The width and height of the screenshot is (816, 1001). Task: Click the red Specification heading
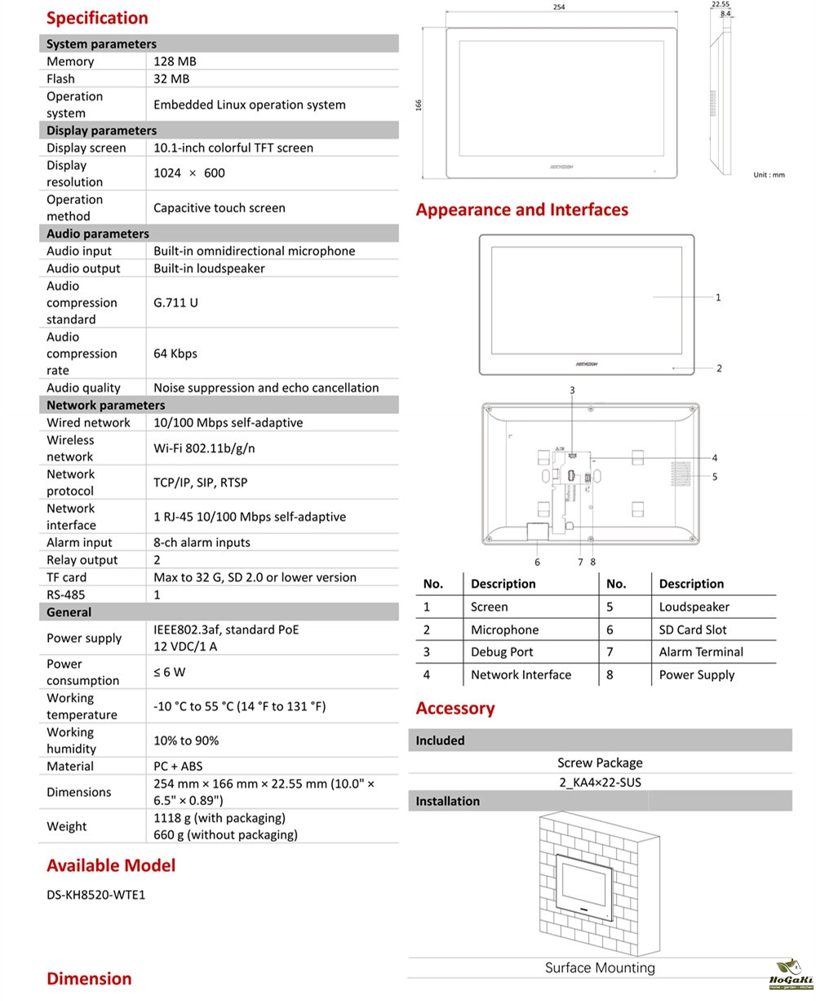tap(97, 18)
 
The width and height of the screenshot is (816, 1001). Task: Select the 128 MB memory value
tap(175, 61)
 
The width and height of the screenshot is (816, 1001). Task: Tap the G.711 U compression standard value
tap(175, 303)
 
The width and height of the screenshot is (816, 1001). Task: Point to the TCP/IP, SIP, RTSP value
tap(200, 483)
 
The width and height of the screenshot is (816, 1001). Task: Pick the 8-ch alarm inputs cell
tap(202, 542)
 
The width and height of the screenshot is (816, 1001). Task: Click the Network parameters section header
tap(105, 405)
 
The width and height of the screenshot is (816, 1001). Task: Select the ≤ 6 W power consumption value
tap(169, 672)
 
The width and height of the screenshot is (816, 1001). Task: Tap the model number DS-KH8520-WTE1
tap(95, 895)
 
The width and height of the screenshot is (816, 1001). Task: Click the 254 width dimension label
tap(558, 7)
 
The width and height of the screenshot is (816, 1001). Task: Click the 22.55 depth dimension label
tap(721, 4)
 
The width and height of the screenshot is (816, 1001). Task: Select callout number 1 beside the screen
tap(718, 297)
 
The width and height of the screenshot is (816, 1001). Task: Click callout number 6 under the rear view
tap(537, 562)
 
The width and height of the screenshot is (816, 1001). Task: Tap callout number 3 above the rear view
tap(572, 390)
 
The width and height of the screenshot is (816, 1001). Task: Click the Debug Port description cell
tap(502, 652)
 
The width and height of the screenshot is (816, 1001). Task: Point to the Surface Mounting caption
tap(600, 968)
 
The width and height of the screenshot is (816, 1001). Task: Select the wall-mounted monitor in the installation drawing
tap(584, 885)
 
